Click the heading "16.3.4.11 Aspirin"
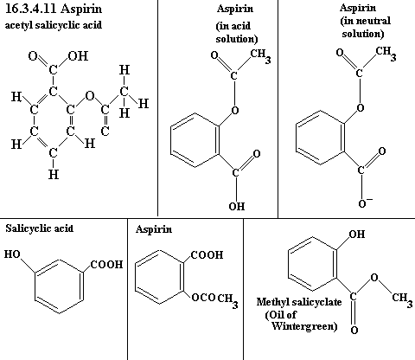click(54, 9)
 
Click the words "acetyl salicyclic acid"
click(54, 25)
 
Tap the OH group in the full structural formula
click(78, 55)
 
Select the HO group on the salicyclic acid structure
click(12, 254)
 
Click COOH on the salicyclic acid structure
click(106, 264)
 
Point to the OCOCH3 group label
click(214, 299)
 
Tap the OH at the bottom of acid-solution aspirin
click(237, 206)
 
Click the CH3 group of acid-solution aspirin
click(260, 56)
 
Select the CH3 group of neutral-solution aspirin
click(386, 54)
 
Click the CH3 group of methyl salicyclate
click(402, 299)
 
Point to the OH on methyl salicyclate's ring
click(357, 234)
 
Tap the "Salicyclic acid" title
click(40, 228)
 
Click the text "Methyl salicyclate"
click(299, 302)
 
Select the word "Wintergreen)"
click(304, 326)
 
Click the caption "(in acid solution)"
click(237, 32)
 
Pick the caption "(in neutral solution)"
click(365, 27)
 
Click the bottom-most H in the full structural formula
click(54, 174)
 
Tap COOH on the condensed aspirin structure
click(207, 254)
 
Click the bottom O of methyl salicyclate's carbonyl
click(354, 330)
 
